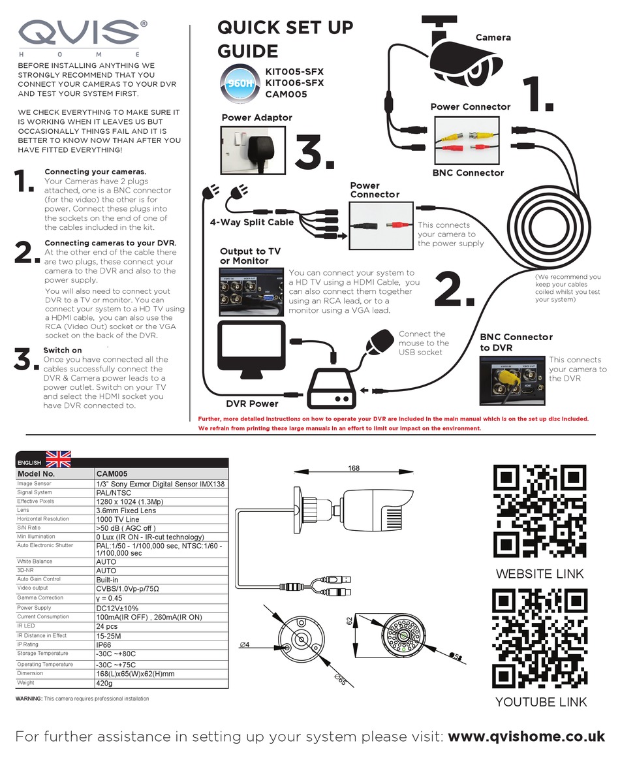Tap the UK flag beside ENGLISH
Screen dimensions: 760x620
click(57, 459)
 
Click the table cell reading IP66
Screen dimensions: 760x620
click(106, 644)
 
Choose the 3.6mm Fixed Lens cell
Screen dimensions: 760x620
click(126, 510)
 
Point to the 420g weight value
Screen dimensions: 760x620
click(104, 683)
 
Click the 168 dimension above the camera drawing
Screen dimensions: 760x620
click(354, 468)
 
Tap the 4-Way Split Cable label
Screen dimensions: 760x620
click(251, 222)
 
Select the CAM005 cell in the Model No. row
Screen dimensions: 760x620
click(112, 473)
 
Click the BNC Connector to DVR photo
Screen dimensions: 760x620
click(511, 383)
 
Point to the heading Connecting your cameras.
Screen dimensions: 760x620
click(99, 172)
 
